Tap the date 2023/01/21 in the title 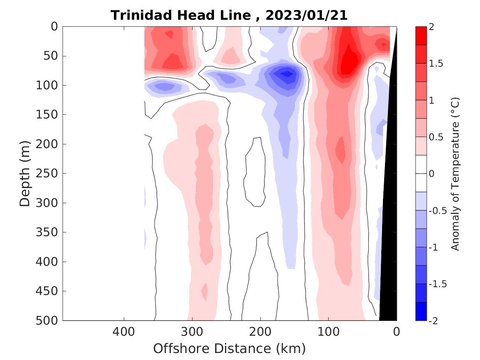tap(306, 16)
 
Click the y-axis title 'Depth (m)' tap(25, 173)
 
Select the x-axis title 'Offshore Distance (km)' tap(230, 348)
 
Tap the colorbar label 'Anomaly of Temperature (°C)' tap(455, 174)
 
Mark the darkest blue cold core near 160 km tap(287, 74)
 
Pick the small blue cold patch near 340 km tap(165, 87)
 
